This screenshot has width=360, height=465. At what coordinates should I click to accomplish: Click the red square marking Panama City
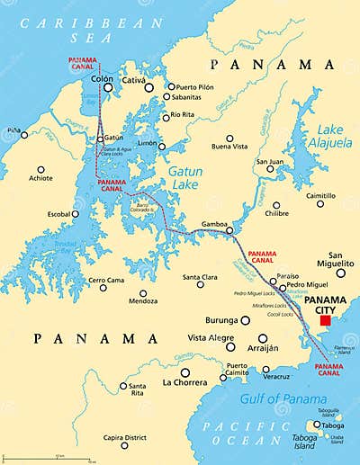click(325, 320)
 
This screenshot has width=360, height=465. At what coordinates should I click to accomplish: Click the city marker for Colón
click(108, 88)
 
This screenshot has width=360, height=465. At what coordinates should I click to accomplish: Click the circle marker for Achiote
click(40, 168)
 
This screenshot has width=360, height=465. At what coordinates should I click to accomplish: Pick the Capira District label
click(124, 438)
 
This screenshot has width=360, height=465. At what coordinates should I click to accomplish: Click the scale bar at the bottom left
click(49, 459)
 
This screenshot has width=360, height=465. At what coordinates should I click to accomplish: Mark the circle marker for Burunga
click(245, 320)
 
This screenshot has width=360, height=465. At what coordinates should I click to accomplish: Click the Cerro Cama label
click(105, 280)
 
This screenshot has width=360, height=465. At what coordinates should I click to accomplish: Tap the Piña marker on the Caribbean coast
click(24, 135)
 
